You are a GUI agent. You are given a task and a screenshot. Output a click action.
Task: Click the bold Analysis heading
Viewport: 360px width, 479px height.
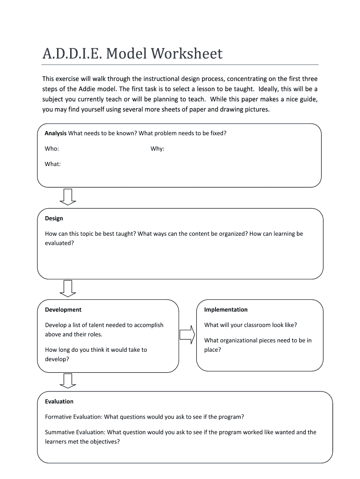pyautogui.click(x=56, y=133)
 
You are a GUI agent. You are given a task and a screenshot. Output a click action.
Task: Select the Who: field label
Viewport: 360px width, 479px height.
pyautogui.click(x=52, y=149)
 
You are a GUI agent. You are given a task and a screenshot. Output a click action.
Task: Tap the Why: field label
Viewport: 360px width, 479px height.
pyautogui.click(x=157, y=149)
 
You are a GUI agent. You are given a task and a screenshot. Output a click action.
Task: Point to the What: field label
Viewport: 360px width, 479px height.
pyautogui.click(x=53, y=164)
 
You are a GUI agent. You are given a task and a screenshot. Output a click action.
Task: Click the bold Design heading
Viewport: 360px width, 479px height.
pyautogui.click(x=54, y=218)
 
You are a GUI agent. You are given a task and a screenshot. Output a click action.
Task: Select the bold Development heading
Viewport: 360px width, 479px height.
pyautogui.click(x=63, y=310)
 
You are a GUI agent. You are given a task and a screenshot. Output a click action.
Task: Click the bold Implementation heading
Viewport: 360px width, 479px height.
pyautogui.click(x=226, y=310)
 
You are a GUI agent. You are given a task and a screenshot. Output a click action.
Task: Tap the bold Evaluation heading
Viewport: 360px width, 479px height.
pyautogui.click(x=59, y=401)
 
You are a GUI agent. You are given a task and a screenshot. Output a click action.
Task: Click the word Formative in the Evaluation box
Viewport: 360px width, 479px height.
pyautogui.click(x=58, y=417)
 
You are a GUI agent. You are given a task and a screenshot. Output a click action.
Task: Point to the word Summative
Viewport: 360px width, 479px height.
pyautogui.click(x=60, y=432)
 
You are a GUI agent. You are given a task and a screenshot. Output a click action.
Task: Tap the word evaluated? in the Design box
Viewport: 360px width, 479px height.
pyautogui.click(x=59, y=243)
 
